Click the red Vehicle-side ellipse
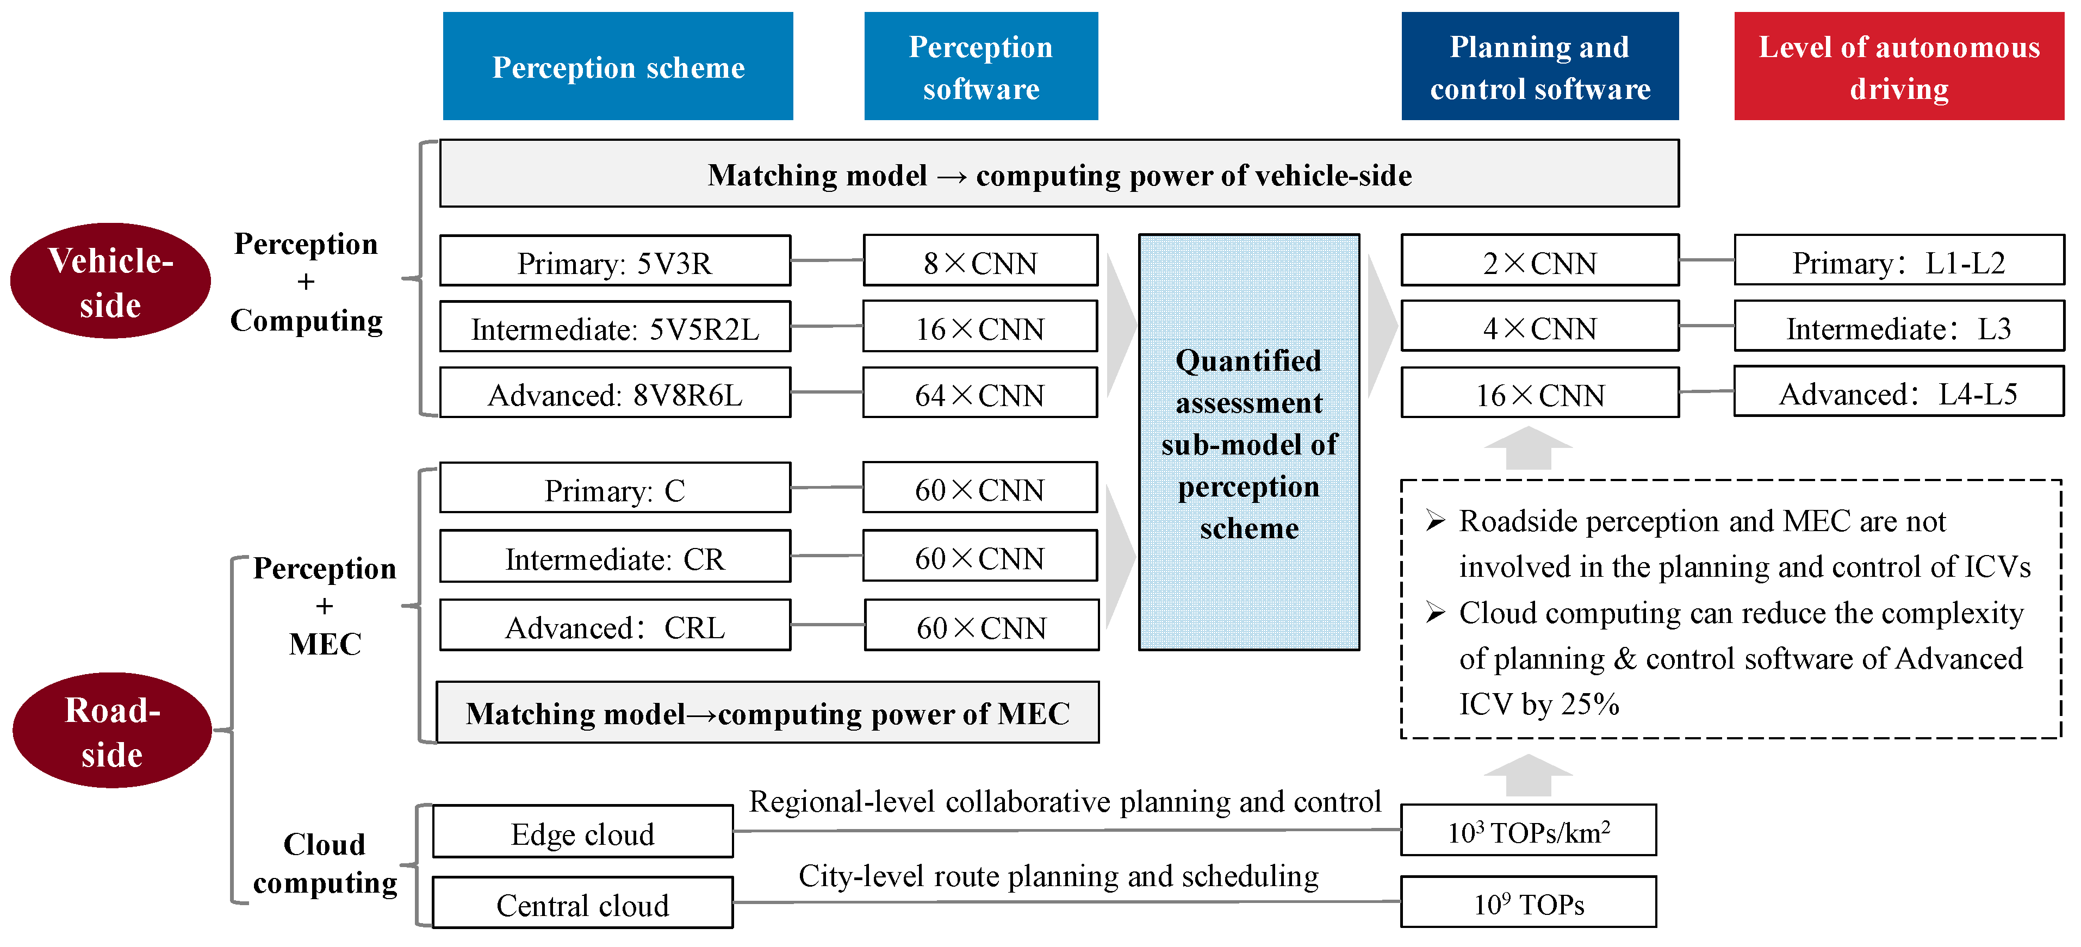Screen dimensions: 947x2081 111,281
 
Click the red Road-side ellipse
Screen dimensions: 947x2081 113,731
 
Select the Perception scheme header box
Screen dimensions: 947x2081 618,66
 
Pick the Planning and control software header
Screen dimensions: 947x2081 1540,66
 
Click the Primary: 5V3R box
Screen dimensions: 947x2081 615,261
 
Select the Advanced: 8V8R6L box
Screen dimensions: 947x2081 615,393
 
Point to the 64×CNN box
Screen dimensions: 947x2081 980,393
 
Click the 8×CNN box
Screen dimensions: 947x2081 980,261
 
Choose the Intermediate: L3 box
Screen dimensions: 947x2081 1898,327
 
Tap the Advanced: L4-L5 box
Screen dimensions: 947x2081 1898,392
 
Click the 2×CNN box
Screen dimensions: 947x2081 1540,261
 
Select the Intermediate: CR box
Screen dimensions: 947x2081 615,557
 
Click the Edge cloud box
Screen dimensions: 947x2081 582,832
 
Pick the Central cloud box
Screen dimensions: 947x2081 582,904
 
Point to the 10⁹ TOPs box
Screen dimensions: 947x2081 1529,902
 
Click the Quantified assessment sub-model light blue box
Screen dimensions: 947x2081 1249,443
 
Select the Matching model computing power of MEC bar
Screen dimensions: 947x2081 767,713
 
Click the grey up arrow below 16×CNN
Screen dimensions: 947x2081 1529,448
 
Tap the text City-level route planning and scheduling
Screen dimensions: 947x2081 1058,876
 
